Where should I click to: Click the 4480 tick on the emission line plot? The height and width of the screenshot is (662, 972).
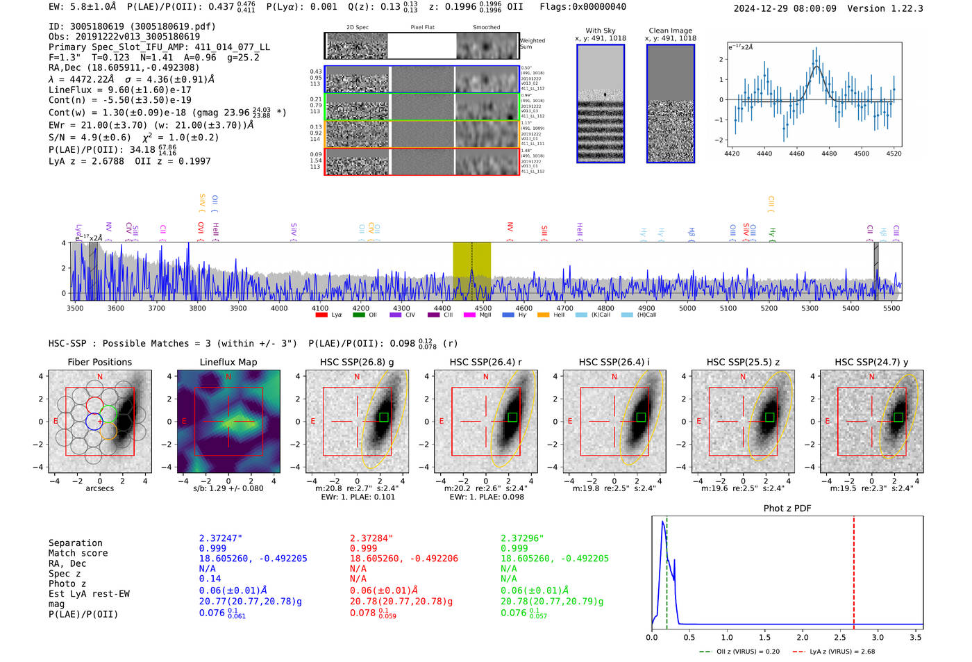pyautogui.click(x=829, y=154)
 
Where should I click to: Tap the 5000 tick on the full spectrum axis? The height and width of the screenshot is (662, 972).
pyautogui.click(x=687, y=308)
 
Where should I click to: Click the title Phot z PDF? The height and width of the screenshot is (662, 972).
pyautogui.click(x=787, y=508)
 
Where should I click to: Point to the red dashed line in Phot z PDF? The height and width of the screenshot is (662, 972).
pyautogui.click(x=854, y=570)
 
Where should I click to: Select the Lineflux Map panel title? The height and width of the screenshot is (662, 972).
pyautogui.click(x=228, y=362)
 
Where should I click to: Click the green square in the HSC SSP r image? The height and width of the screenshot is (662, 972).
pyautogui.click(x=512, y=417)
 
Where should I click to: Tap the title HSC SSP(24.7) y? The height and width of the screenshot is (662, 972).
pyautogui.click(x=871, y=362)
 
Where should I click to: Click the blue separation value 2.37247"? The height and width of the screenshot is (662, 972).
pyautogui.click(x=221, y=538)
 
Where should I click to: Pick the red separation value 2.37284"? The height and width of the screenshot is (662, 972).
pyautogui.click(x=371, y=538)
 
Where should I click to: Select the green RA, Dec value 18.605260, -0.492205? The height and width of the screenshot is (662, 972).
pyautogui.click(x=555, y=558)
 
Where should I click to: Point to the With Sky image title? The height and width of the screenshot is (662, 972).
pyautogui.click(x=601, y=31)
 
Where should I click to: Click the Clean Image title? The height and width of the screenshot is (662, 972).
pyautogui.click(x=671, y=31)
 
